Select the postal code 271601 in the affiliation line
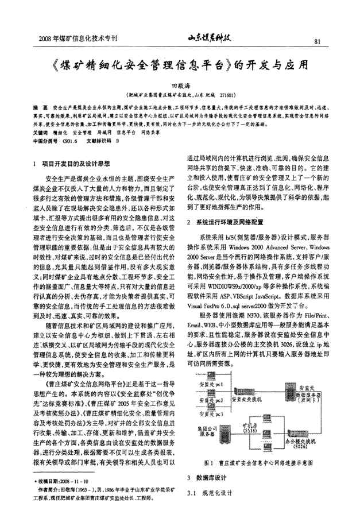click(x=227, y=94)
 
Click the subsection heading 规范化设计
click(x=214, y=492)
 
